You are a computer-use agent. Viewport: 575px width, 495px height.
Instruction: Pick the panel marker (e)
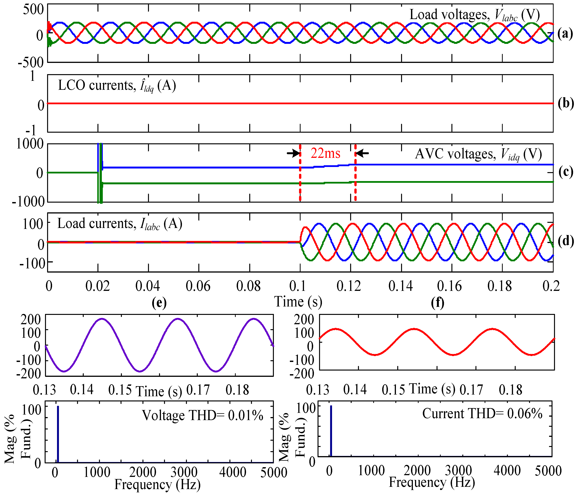pyautogui.click(x=159, y=303)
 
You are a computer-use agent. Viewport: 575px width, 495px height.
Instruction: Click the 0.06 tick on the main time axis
pyautogui.click(x=198, y=286)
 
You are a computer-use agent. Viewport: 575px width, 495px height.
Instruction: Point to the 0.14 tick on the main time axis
pyautogui.click(x=400, y=286)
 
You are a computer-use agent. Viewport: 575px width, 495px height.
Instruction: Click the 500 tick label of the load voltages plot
pyautogui.click(x=33, y=10)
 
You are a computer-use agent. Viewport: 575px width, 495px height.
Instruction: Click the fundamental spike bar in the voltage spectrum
pyautogui.click(x=58, y=434)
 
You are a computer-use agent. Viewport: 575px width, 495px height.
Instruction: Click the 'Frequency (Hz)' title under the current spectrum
pyautogui.click(x=432, y=482)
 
